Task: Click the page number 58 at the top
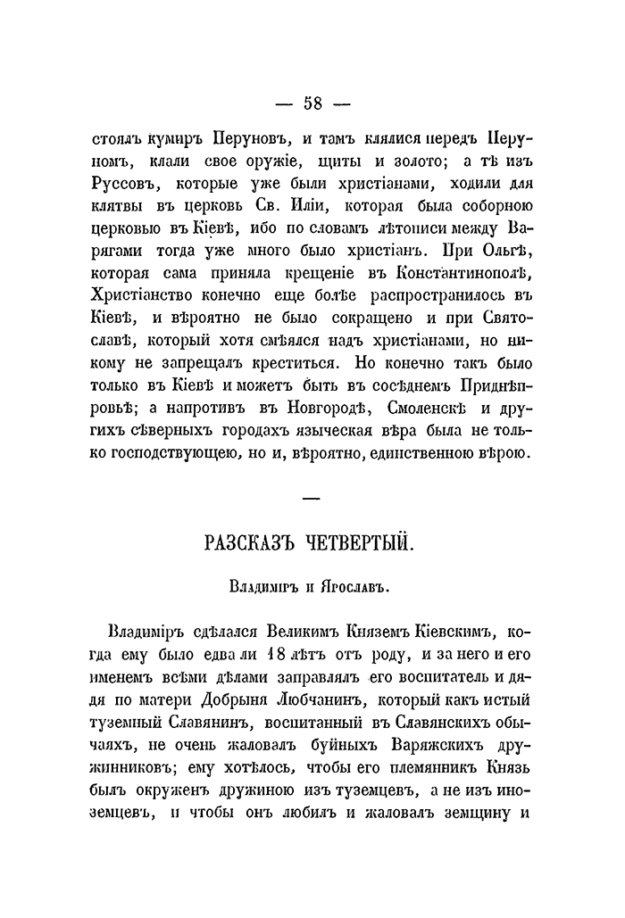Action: click(x=312, y=102)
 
